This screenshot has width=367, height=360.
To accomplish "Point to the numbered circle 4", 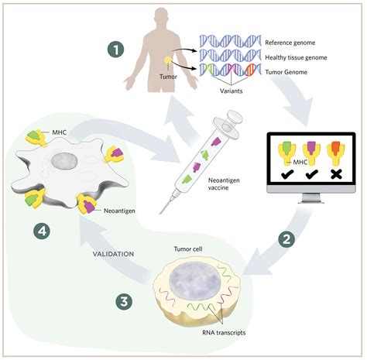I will tap(36, 230).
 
